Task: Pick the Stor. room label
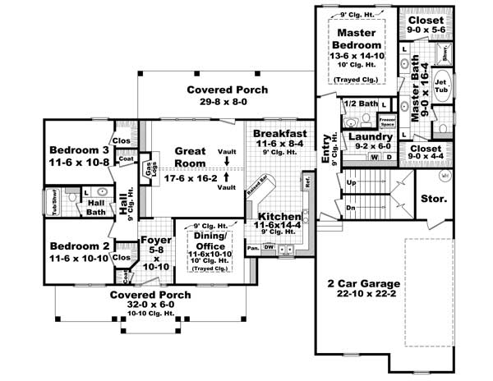(433, 199)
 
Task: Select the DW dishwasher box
(267, 247)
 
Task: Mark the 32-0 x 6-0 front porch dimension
(150, 305)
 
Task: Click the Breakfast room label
(279, 133)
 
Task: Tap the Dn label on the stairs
(351, 208)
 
